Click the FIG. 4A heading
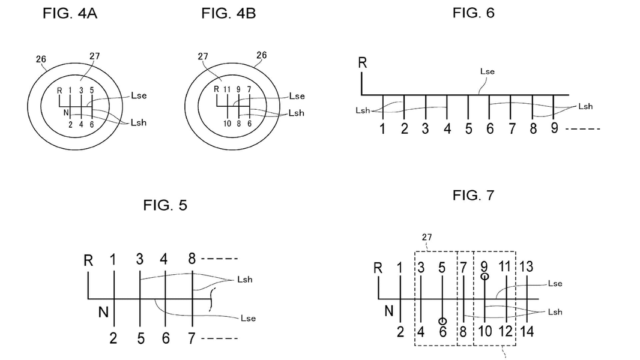(x=70, y=14)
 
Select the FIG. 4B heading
(x=228, y=14)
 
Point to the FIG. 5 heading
(x=165, y=205)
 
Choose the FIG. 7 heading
(x=473, y=196)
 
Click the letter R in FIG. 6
(x=363, y=64)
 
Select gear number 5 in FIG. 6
(x=468, y=128)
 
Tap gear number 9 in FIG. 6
(x=554, y=128)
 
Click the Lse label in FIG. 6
(x=487, y=71)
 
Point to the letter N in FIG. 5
(x=104, y=312)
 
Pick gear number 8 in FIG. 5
(x=192, y=259)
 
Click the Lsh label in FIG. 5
(x=244, y=279)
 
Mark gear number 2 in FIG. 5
(x=113, y=338)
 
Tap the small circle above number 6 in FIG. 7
(x=442, y=322)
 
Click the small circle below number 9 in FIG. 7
(x=484, y=277)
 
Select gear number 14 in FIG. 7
(x=527, y=331)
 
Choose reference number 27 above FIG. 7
(x=426, y=238)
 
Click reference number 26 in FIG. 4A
(x=41, y=59)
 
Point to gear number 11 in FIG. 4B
(x=227, y=90)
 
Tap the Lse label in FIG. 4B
(x=297, y=96)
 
